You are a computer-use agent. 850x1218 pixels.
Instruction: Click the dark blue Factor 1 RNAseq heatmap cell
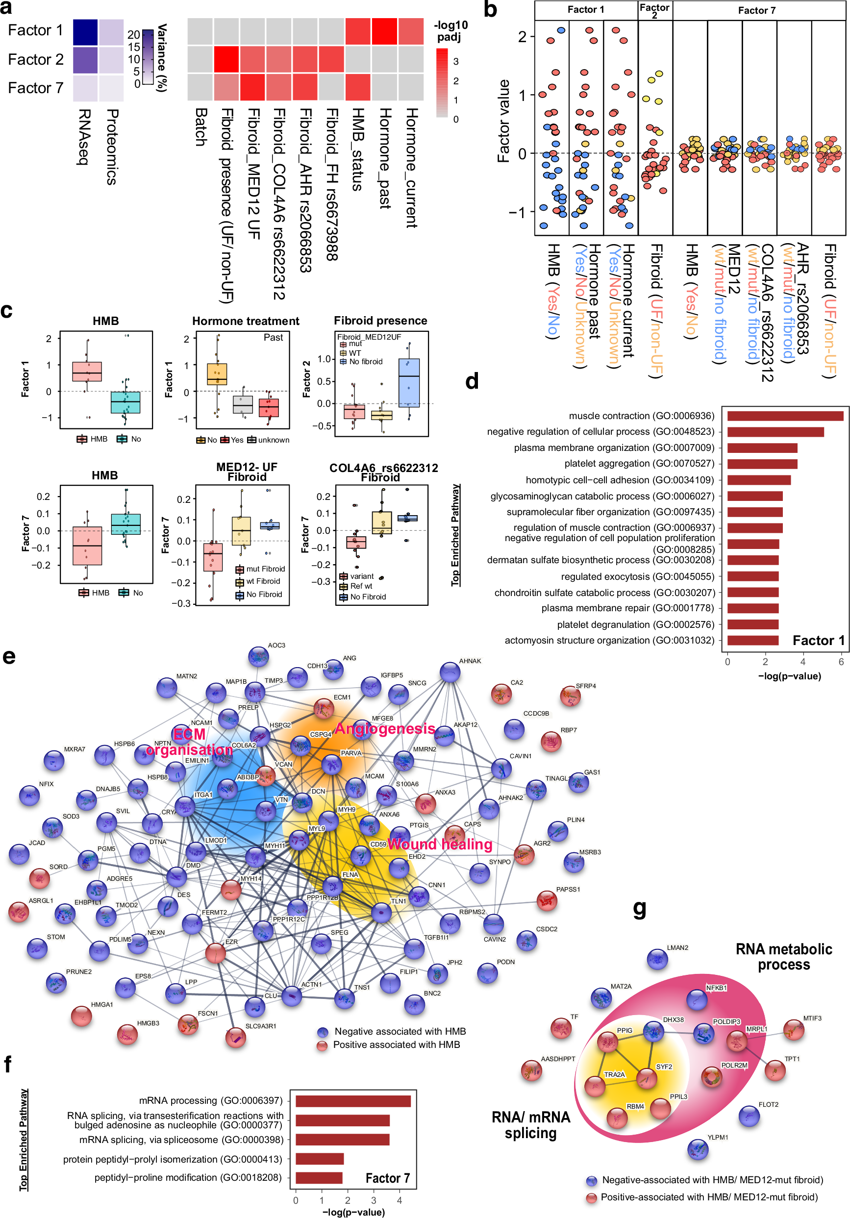tap(85, 32)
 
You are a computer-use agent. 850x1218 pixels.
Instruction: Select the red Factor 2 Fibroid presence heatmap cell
tap(226, 59)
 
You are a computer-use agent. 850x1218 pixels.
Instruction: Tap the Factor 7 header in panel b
tap(756, 10)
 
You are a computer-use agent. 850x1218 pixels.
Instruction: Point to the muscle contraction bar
tap(785, 416)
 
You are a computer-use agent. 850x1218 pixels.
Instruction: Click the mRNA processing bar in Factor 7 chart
tap(353, 1101)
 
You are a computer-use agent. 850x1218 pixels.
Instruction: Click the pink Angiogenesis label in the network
tap(384, 729)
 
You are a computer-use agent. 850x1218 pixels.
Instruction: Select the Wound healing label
tap(439, 844)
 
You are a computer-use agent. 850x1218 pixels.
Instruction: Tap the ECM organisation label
tap(189, 742)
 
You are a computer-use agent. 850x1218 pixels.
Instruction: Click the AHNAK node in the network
tap(450, 672)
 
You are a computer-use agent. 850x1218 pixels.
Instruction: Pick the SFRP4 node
tap(571, 696)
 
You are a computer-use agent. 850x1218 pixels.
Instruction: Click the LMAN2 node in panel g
tap(657, 959)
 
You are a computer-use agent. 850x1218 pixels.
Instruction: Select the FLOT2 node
tap(749, 1116)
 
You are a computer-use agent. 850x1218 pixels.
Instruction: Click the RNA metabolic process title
tap(783, 956)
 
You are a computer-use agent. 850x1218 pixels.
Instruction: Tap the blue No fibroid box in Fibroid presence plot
tap(408, 382)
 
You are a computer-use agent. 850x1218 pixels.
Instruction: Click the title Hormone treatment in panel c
tap(246, 321)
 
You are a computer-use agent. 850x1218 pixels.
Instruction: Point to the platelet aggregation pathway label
tap(639, 464)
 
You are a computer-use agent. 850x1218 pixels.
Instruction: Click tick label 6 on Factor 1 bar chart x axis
tap(841, 662)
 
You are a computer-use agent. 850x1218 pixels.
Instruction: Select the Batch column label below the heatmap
tap(200, 127)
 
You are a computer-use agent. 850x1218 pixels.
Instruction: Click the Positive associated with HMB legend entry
tap(396, 1044)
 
